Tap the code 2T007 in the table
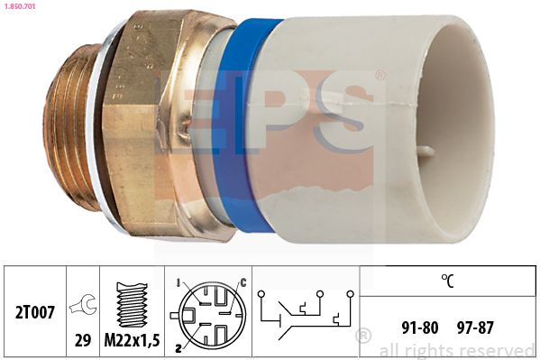34,313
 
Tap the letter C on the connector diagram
242,284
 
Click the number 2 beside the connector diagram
178,346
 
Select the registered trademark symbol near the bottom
363,337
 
